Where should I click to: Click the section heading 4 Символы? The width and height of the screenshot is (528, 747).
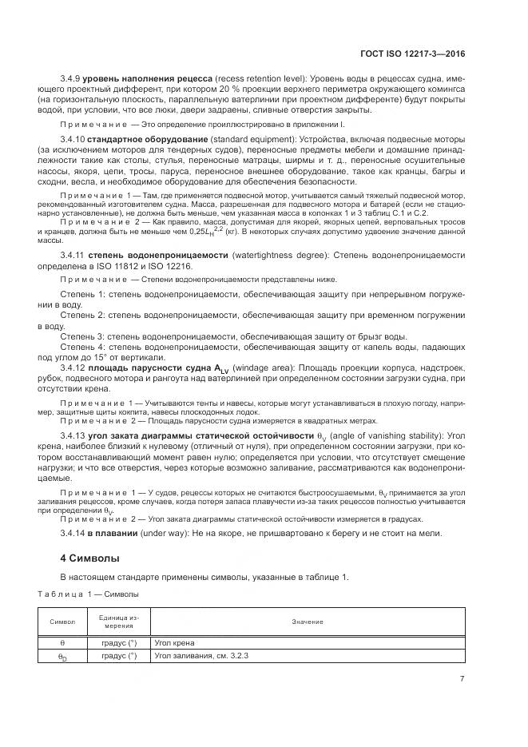pos(89,557)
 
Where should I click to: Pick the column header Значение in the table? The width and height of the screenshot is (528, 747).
pos(307,622)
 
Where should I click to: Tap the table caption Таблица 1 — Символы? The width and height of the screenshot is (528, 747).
pos(89,594)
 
